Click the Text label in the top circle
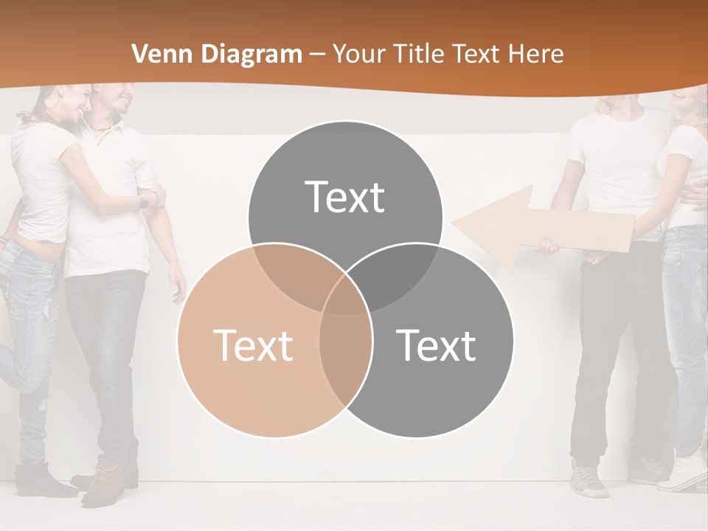click(x=345, y=197)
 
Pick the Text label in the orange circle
click(x=252, y=344)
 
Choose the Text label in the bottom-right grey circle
click(x=437, y=344)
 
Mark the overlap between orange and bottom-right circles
click(x=345, y=354)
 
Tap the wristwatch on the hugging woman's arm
click(x=145, y=201)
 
